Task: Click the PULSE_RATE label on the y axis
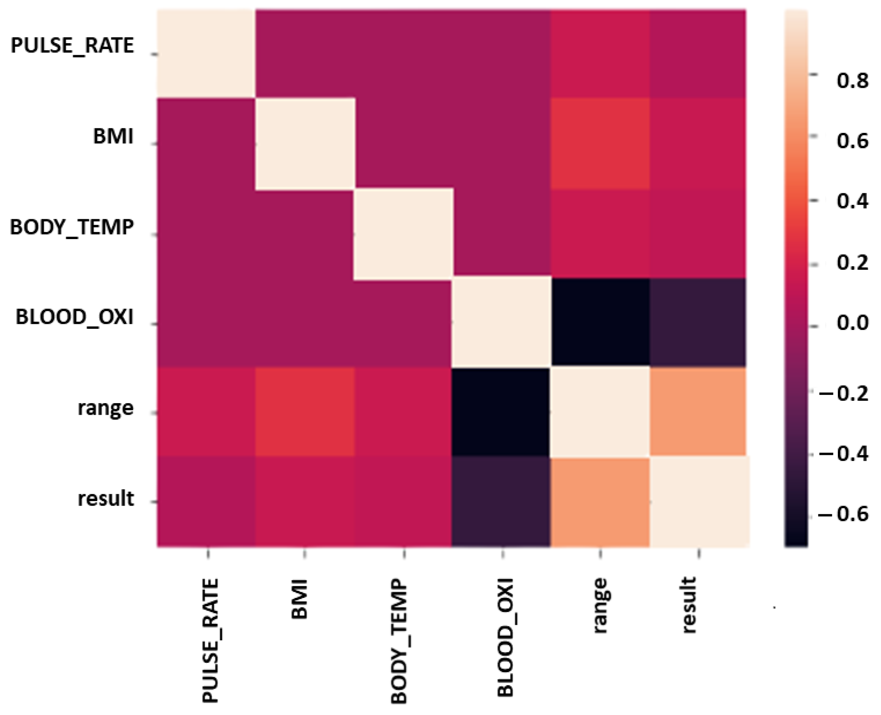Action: point(72,45)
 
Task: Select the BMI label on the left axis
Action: point(113,135)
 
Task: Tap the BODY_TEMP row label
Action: point(72,227)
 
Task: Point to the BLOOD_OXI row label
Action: point(75,317)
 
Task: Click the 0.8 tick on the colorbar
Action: point(852,81)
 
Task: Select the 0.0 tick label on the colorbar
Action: point(852,323)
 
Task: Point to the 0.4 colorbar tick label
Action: point(852,202)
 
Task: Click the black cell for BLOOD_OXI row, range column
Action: point(600,322)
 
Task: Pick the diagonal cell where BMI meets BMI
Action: point(305,144)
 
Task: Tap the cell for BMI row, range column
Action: point(600,143)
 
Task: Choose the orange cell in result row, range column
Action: point(600,502)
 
